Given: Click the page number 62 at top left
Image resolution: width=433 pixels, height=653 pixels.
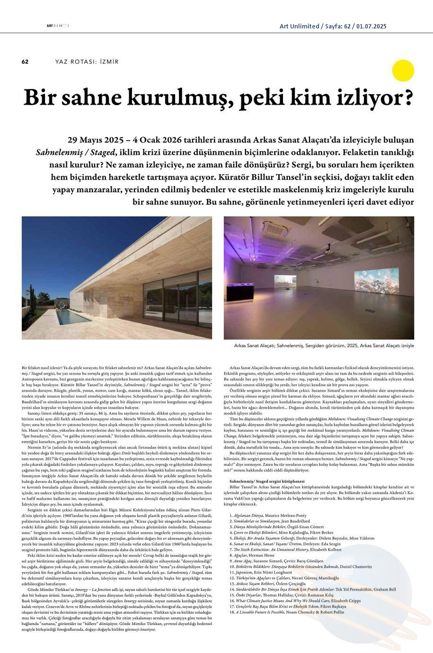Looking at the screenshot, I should click(x=26, y=62).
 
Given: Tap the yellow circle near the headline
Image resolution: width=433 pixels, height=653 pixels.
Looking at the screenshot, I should click(x=403, y=71).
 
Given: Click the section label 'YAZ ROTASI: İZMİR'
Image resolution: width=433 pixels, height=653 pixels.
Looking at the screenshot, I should click(x=87, y=62).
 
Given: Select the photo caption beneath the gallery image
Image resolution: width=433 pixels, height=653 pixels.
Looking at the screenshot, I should click(x=324, y=346).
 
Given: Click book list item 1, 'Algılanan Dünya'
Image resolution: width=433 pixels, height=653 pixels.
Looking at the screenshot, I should click(x=267, y=515).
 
